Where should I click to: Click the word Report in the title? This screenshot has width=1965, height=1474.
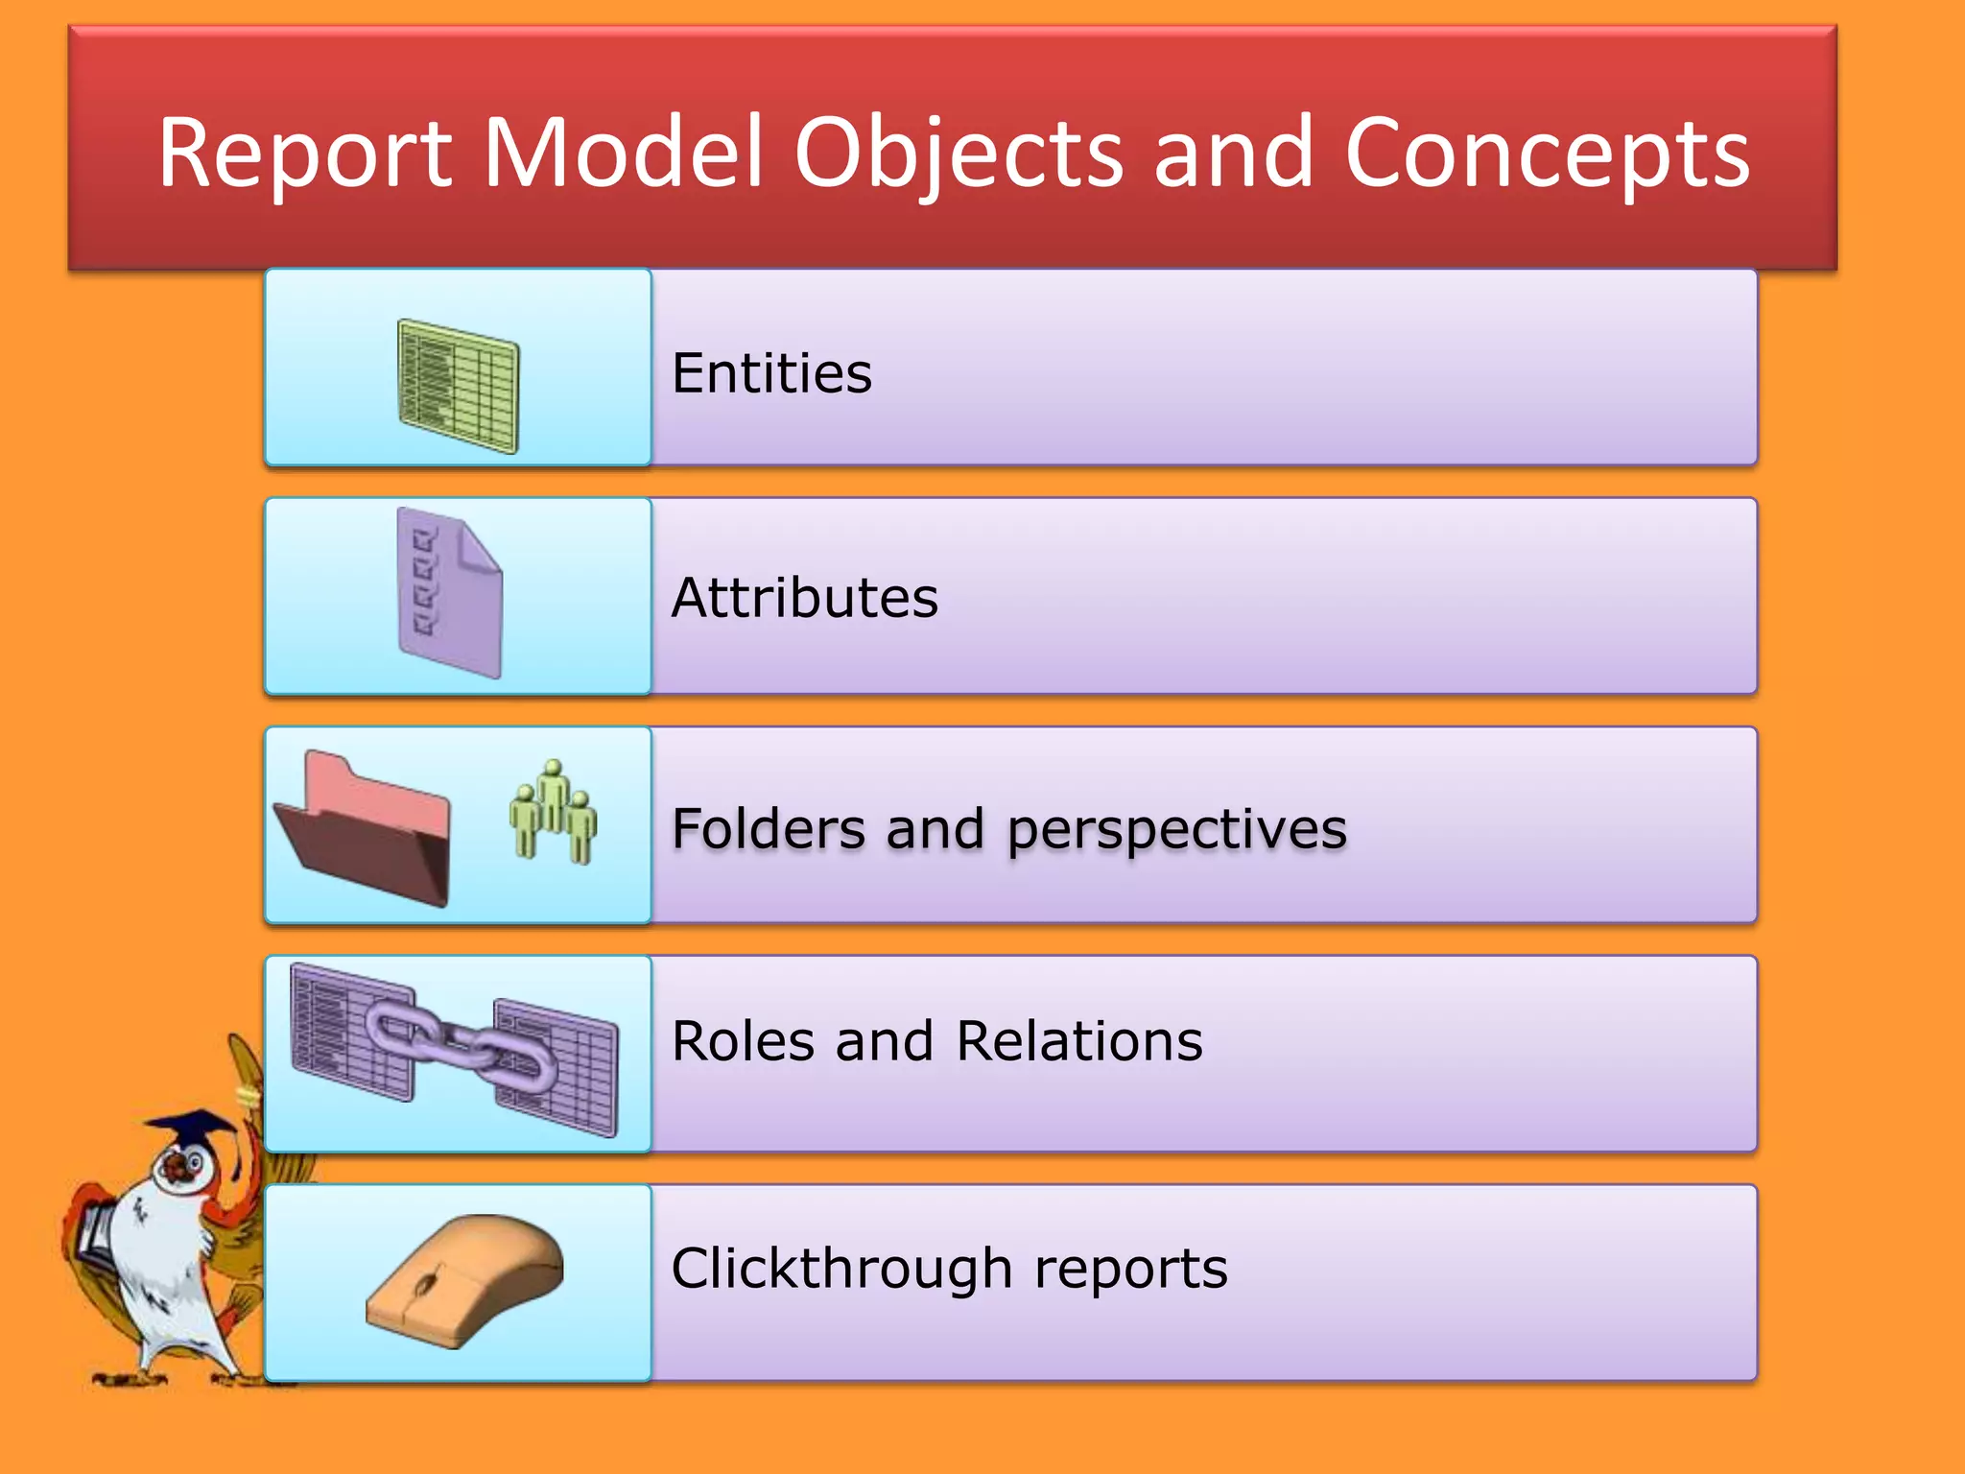(304, 154)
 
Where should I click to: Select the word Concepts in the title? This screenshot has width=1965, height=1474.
(1547, 154)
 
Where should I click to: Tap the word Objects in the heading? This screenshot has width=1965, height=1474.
(958, 154)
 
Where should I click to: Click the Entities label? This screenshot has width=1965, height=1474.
(771, 373)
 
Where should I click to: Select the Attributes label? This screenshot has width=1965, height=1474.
(804, 598)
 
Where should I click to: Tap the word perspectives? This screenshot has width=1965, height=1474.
(1176, 828)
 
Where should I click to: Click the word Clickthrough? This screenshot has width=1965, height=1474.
(840, 1269)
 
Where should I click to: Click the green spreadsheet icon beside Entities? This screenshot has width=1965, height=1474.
(459, 386)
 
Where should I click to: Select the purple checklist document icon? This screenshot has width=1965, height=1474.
(449, 593)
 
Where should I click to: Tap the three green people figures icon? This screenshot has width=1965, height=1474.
(553, 812)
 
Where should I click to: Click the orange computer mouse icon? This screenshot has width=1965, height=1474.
(465, 1281)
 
